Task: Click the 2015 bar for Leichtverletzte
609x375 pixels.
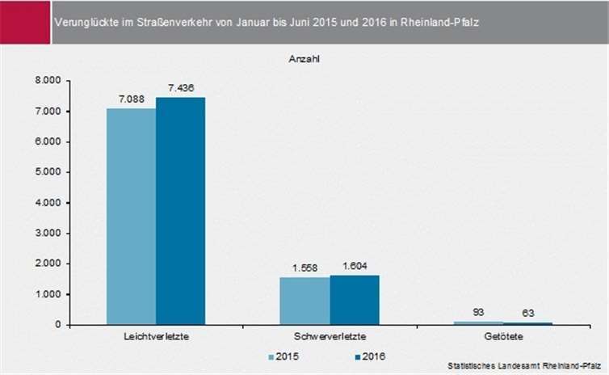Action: [131, 217]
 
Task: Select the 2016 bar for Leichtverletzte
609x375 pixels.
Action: [180, 211]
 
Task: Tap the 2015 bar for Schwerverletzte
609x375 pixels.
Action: [304, 301]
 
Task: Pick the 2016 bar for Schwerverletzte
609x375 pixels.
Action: [354, 300]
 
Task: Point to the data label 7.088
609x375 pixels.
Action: [131, 99]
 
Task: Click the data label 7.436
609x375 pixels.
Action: [180, 88]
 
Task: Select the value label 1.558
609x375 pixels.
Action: [304, 268]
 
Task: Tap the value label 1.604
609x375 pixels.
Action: [354, 266]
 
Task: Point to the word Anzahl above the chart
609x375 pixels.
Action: [304, 59]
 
